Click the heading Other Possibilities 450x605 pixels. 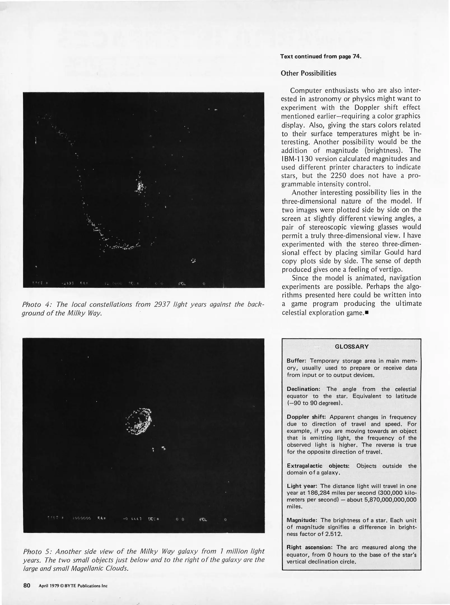[x=308, y=73]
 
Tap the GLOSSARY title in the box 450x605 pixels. [x=352, y=346]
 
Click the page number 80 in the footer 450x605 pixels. [x=27, y=585]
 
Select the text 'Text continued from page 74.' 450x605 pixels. [x=321, y=56]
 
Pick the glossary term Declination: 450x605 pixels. [x=303, y=389]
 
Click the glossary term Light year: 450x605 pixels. [x=302, y=486]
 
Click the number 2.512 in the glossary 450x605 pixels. [x=334, y=534]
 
